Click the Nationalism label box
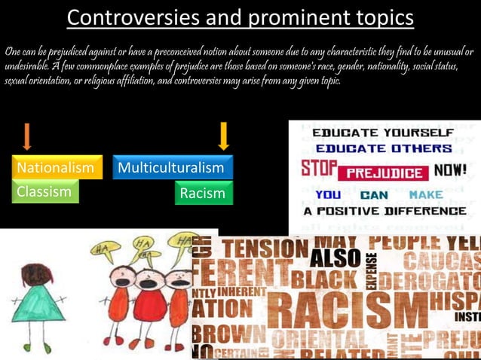point(55,167)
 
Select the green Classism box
point(44,191)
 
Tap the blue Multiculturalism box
point(172,167)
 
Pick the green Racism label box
point(203,193)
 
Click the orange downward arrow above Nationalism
point(27,136)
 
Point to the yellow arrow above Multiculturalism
point(223,136)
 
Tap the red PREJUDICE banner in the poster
point(384,173)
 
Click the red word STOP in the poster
point(318,169)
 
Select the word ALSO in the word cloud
point(335,259)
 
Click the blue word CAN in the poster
point(375,195)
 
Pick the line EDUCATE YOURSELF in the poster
point(383,133)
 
